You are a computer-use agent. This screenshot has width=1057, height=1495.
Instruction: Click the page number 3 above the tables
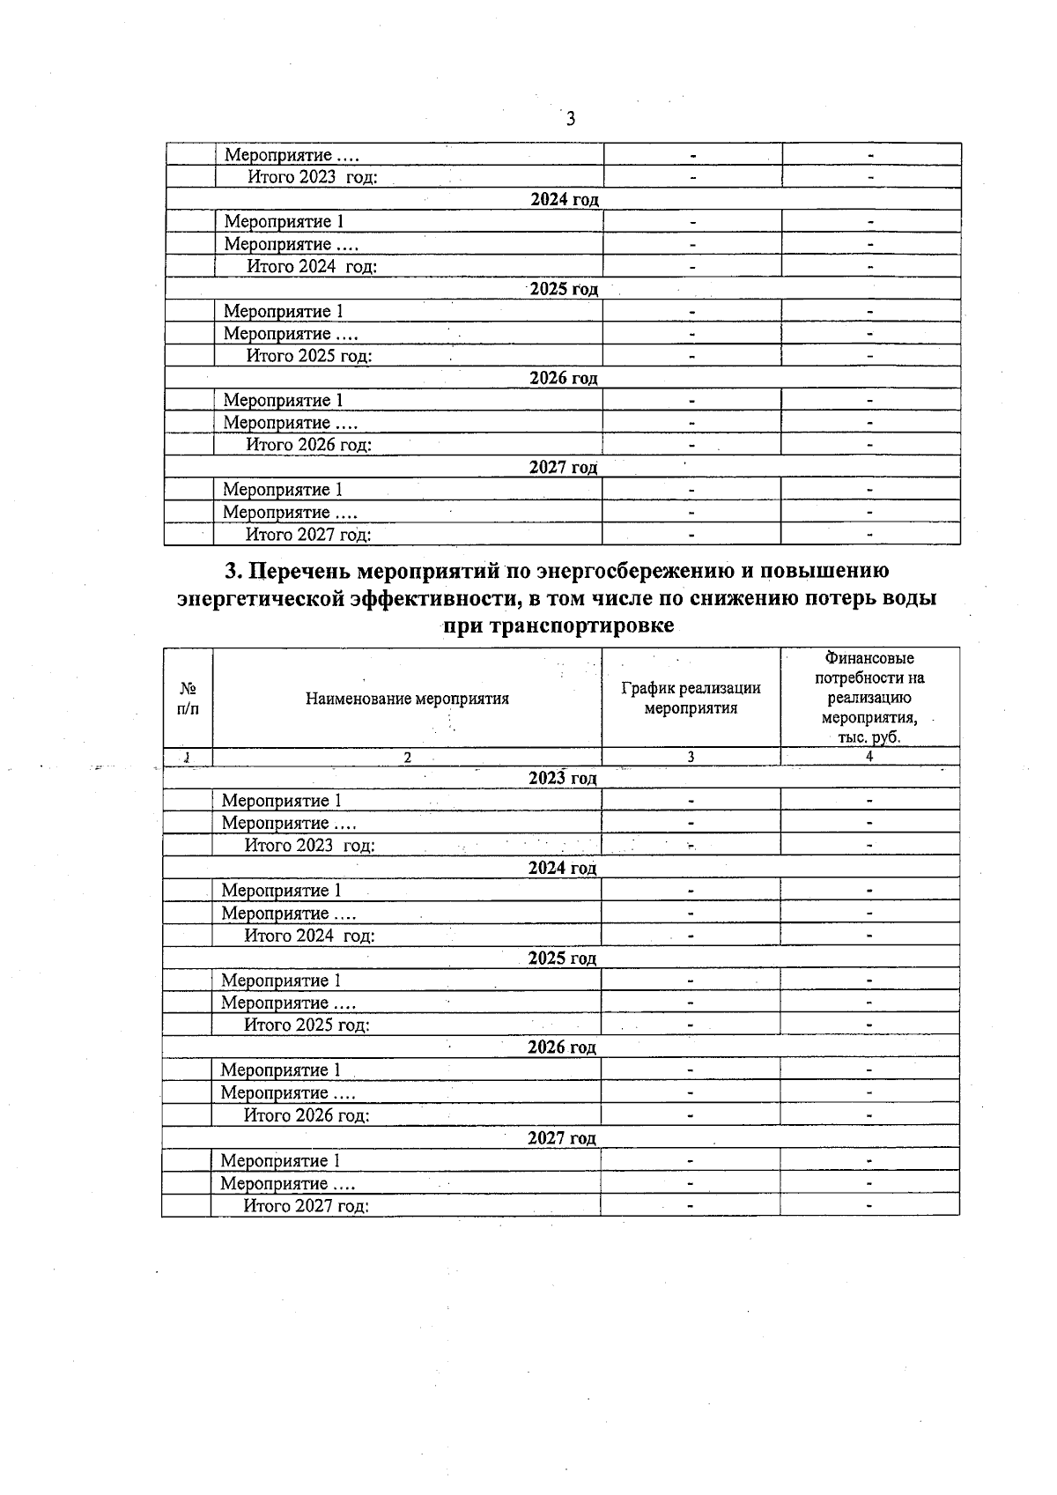(571, 119)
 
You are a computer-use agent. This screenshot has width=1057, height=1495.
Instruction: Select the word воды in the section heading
(909, 598)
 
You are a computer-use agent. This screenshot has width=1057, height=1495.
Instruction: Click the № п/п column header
(188, 698)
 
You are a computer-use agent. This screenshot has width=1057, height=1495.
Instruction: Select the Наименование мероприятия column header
(407, 699)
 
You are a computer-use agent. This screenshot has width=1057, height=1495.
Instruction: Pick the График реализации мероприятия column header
(691, 698)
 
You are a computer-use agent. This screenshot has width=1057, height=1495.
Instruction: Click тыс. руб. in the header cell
(869, 737)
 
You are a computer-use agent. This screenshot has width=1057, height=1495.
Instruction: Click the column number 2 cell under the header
(407, 757)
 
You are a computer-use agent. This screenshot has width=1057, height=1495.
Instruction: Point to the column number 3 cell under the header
(691, 757)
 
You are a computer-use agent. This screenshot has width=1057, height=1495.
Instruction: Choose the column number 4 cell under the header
(869, 757)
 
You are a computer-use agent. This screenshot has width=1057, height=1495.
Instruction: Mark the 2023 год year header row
(562, 778)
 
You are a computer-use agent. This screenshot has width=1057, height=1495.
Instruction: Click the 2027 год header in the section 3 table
(561, 1138)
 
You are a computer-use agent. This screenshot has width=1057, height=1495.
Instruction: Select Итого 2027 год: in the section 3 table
(306, 1205)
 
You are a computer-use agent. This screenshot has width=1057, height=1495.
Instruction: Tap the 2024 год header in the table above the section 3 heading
(564, 199)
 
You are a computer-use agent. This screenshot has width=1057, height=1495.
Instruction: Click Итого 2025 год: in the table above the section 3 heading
(308, 356)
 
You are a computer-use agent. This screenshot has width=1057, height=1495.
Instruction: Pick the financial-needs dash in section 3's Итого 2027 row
(869, 1205)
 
